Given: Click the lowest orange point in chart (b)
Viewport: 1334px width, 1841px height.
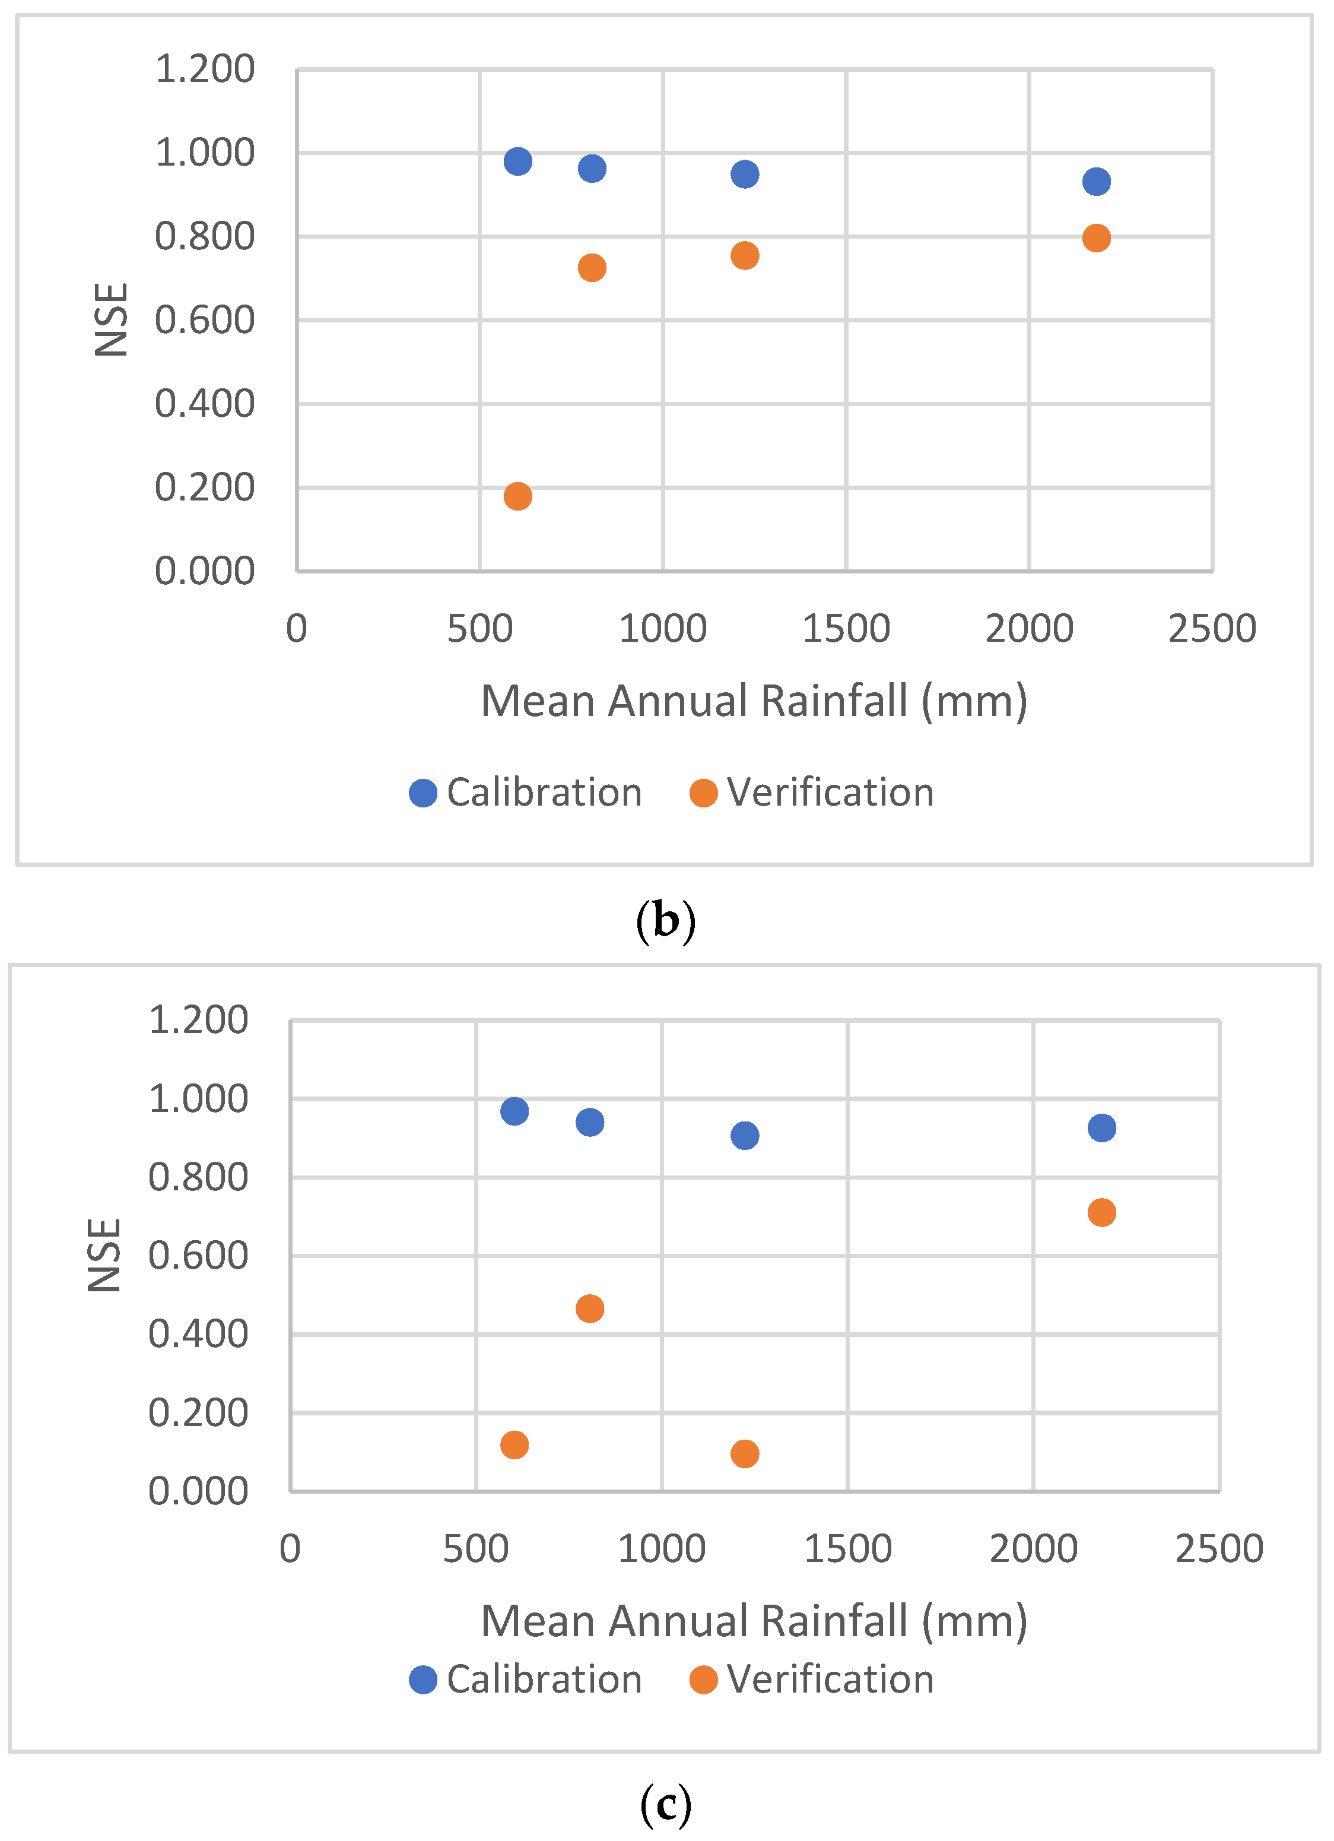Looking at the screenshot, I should point(517,496).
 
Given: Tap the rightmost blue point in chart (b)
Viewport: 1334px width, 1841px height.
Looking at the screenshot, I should point(1096,182).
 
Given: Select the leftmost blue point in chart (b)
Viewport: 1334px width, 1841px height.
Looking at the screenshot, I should point(517,161).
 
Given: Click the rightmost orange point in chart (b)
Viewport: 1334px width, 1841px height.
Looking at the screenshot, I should point(1096,239).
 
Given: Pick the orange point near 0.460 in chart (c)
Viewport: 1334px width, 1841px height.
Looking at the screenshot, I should point(590,1308).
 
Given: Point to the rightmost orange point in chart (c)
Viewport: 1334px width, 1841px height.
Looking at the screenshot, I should point(1101,1213).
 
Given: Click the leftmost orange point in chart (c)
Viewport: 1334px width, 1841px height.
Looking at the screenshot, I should point(514,1445).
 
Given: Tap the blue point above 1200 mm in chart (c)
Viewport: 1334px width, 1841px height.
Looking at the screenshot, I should point(745,1136).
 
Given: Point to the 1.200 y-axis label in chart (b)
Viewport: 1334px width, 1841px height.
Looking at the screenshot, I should point(205,69).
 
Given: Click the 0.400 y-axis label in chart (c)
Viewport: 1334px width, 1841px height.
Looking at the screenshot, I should point(198,1335).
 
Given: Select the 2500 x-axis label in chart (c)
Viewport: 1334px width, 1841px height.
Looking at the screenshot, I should point(1219,1549).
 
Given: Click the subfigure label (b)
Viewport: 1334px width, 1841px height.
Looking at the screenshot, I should point(665,921).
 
